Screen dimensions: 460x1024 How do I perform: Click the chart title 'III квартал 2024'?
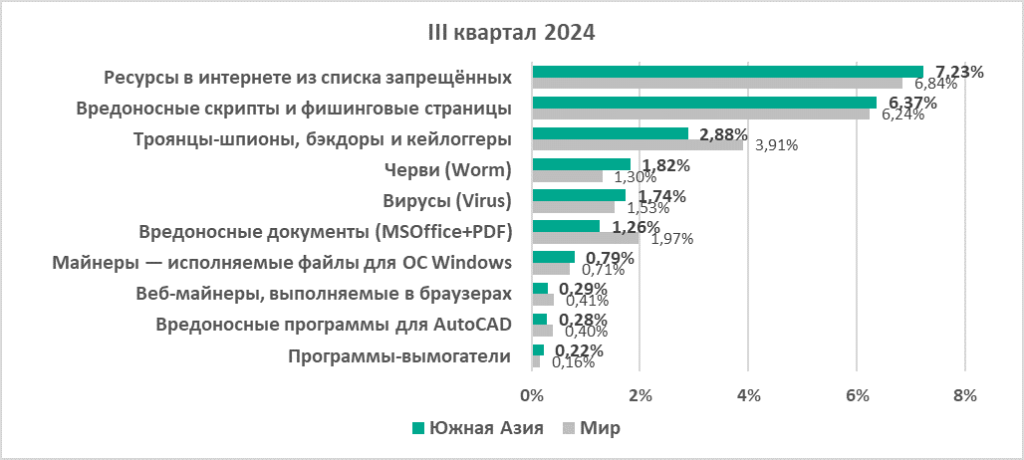512,33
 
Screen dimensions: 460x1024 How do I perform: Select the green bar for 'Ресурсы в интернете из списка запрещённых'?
727,72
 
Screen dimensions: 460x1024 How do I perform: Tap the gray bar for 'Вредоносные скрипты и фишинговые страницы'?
701,113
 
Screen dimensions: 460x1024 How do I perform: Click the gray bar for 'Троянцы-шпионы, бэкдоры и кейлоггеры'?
637,145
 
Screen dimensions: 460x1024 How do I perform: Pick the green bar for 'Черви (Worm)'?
581,164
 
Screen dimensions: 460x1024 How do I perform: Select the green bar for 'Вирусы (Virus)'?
579,195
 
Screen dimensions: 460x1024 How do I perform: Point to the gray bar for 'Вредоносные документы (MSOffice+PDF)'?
585,238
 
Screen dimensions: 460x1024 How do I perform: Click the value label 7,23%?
959,71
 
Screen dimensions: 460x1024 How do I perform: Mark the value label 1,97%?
672,239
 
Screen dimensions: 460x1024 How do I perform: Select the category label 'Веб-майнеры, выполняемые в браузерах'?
324,294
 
